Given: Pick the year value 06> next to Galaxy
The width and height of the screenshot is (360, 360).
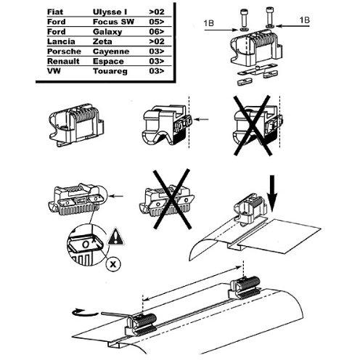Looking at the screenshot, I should pos(156,32).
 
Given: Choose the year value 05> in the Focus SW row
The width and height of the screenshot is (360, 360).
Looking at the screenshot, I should pos(156,22).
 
